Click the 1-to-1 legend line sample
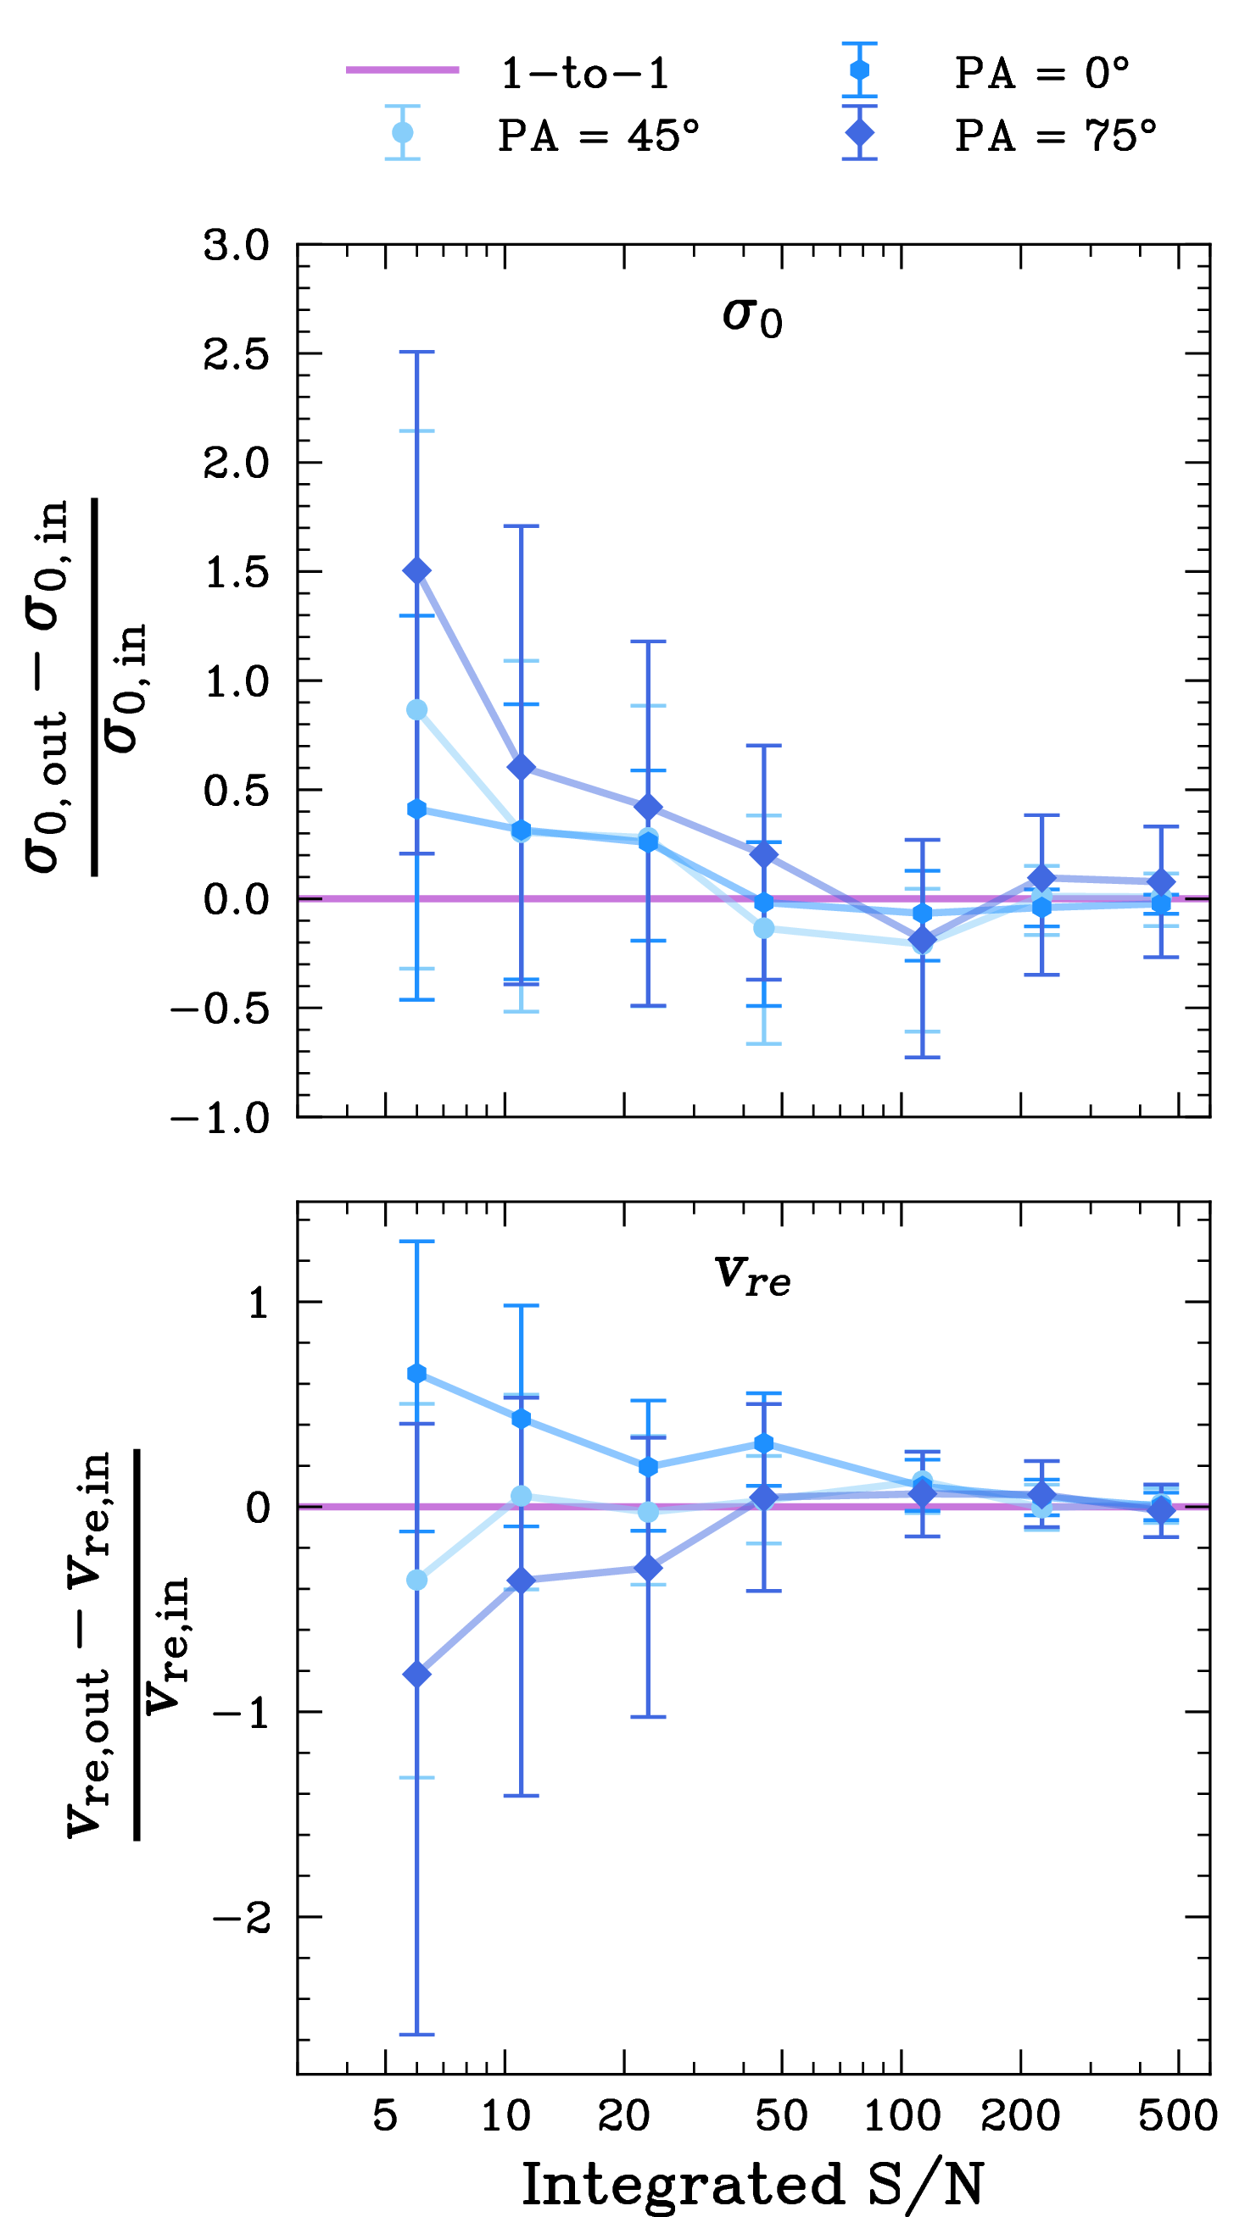tap(402, 69)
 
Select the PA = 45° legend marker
tap(402, 132)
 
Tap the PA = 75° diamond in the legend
tap(859, 132)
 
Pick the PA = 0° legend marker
tap(859, 69)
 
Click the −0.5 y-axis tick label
tap(221, 1008)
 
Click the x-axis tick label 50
tap(782, 2115)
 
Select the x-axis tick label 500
tap(1178, 2115)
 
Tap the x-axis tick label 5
tap(385, 2115)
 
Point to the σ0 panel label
tap(752, 317)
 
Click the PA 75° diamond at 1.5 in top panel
tap(416, 571)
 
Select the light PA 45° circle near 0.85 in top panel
tap(416, 710)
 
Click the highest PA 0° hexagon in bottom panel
tap(416, 1374)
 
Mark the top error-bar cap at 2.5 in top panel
tap(416, 352)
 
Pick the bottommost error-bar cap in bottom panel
tap(416, 2035)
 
